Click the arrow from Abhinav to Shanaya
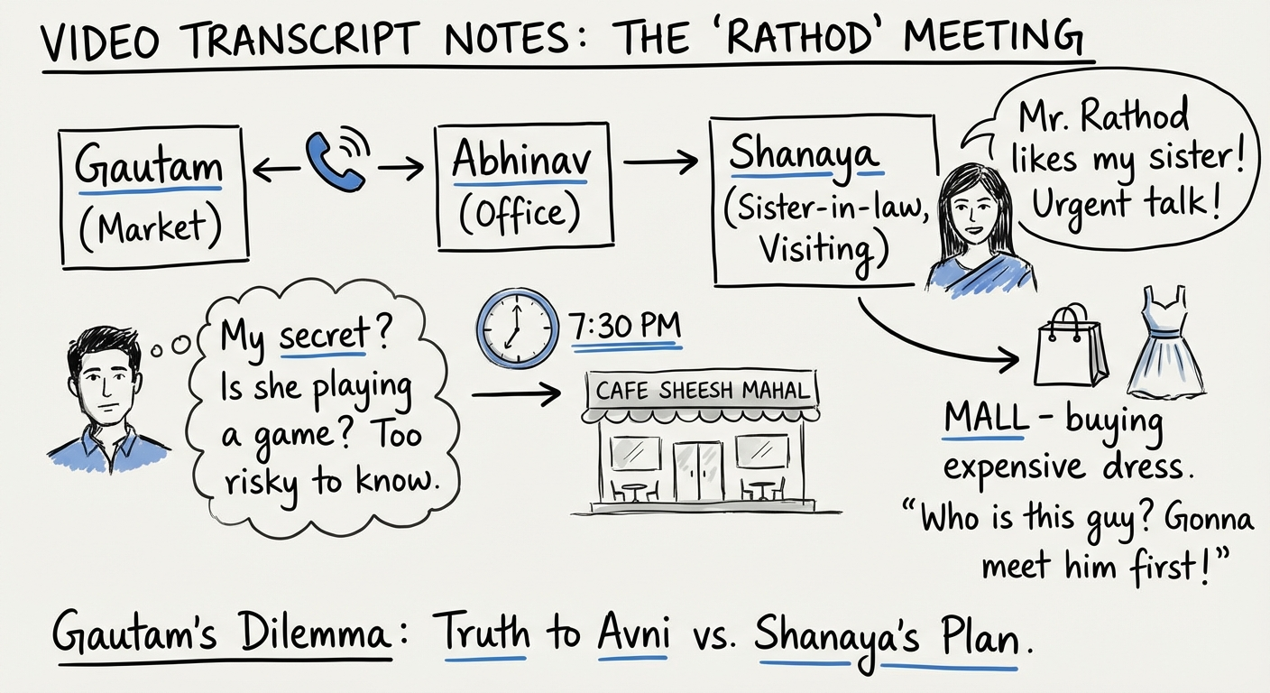click(660, 162)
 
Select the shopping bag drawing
click(1070, 346)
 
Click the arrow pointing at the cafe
click(523, 394)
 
